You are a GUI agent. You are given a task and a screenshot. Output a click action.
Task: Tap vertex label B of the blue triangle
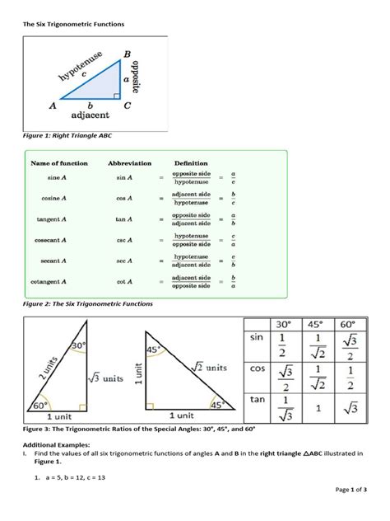click(127, 54)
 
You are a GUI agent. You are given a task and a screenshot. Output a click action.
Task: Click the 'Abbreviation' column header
click(131, 163)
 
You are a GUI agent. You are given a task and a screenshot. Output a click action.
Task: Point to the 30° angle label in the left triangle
click(78, 346)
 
